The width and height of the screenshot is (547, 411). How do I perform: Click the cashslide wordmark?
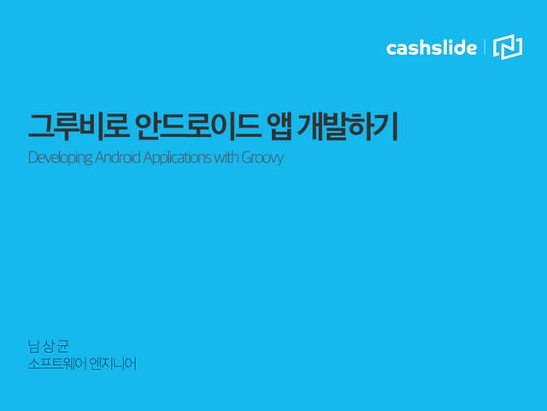click(x=431, y=48)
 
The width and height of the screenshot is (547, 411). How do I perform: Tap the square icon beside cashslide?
click(x=508, y=48)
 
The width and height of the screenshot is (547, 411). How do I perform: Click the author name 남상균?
click(x=47, y=347)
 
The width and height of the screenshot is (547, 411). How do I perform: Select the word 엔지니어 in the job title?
click(x=114, y=364)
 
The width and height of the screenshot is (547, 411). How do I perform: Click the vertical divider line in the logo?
click(x=485, y=48)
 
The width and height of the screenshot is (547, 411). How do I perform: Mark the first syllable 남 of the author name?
click(x=34, y=347)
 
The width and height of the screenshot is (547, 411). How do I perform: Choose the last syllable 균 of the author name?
click(x=61, y=347)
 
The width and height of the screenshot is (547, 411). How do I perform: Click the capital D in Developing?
click(x=32, y=158)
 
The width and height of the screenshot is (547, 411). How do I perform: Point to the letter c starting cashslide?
click(x=391, y=49)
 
